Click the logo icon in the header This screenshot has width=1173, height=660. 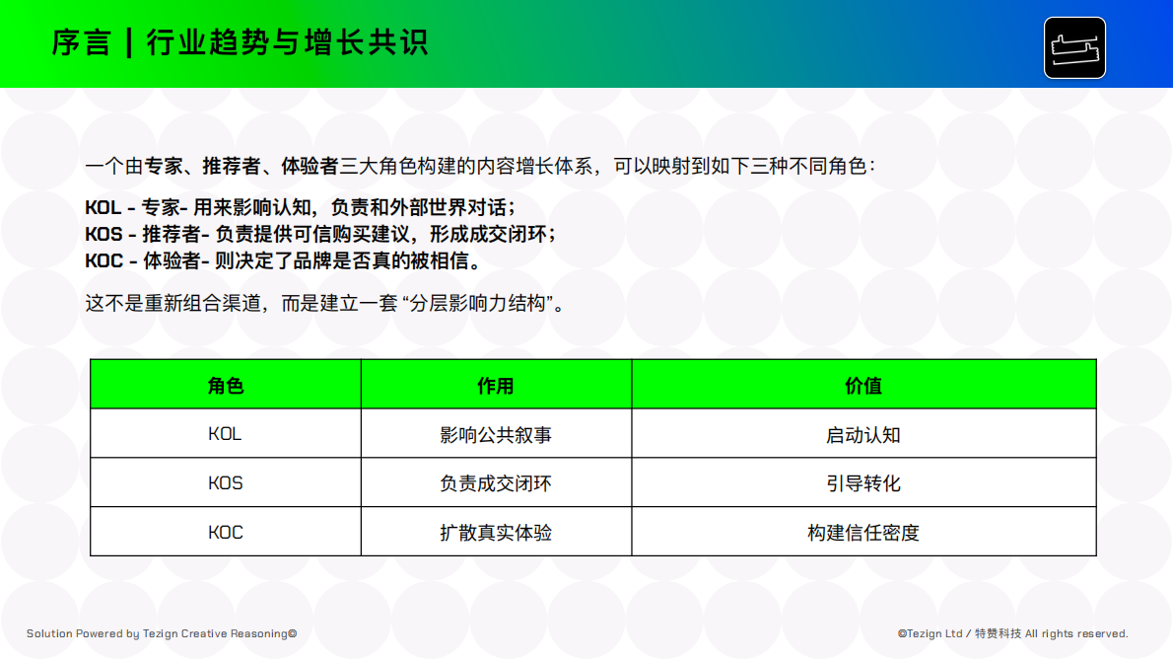pyautogui.click(x=1074, y=47)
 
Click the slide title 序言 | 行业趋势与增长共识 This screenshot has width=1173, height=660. pyautogui.click(x=240, y=43)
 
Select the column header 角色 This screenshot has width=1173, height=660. pyautogui.click(x=226, y=385)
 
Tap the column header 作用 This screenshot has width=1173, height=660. pyautogui.click(x=496, y=385)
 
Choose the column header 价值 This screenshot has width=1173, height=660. pyautogui.click(x=863, y=385)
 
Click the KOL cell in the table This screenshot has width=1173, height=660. pyautogui.click(x=226, y=434)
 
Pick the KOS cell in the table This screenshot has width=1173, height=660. pyautogui.click(x=226, y=483)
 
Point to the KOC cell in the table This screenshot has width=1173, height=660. pyautogui.click(x=226, y=533)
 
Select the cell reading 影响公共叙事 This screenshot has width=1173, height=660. pyautogui.click(x=496, y=434)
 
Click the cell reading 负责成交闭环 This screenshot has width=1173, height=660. pyautogui.click(x=496, y=483)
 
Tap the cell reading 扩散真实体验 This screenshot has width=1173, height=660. pyautogui.click(x=496, y=533)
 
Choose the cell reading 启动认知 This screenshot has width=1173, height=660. pyautogui.click(x=863, y=434)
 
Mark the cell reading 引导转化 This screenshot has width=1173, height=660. pyautogui.click(x=863, y=483)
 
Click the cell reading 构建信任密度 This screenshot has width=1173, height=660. pyautogui.click(x=863, y=533)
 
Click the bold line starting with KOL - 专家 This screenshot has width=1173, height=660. pyautogui.click(x=301, y=208)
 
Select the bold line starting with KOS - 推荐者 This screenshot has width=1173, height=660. pyautogui.click(x=320, y=234)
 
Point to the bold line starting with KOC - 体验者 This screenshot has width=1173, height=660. pyautogui.click(x=283, y=260)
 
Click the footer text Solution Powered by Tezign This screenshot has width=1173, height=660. pyautogui.click(x=162, y=633)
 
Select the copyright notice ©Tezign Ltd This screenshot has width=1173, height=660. pyautogui.click(x=1012, y=633)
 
